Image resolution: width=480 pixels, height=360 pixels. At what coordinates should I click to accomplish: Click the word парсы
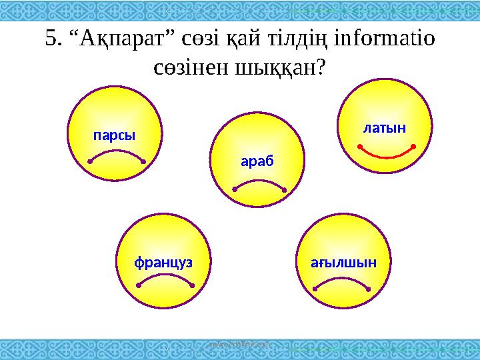(114, 135)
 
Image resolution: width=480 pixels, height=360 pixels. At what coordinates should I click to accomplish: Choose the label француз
(163, 262)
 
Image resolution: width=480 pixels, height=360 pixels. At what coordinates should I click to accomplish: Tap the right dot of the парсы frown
(144, 161)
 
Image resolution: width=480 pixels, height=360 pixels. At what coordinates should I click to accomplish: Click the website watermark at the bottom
(240, 345)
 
